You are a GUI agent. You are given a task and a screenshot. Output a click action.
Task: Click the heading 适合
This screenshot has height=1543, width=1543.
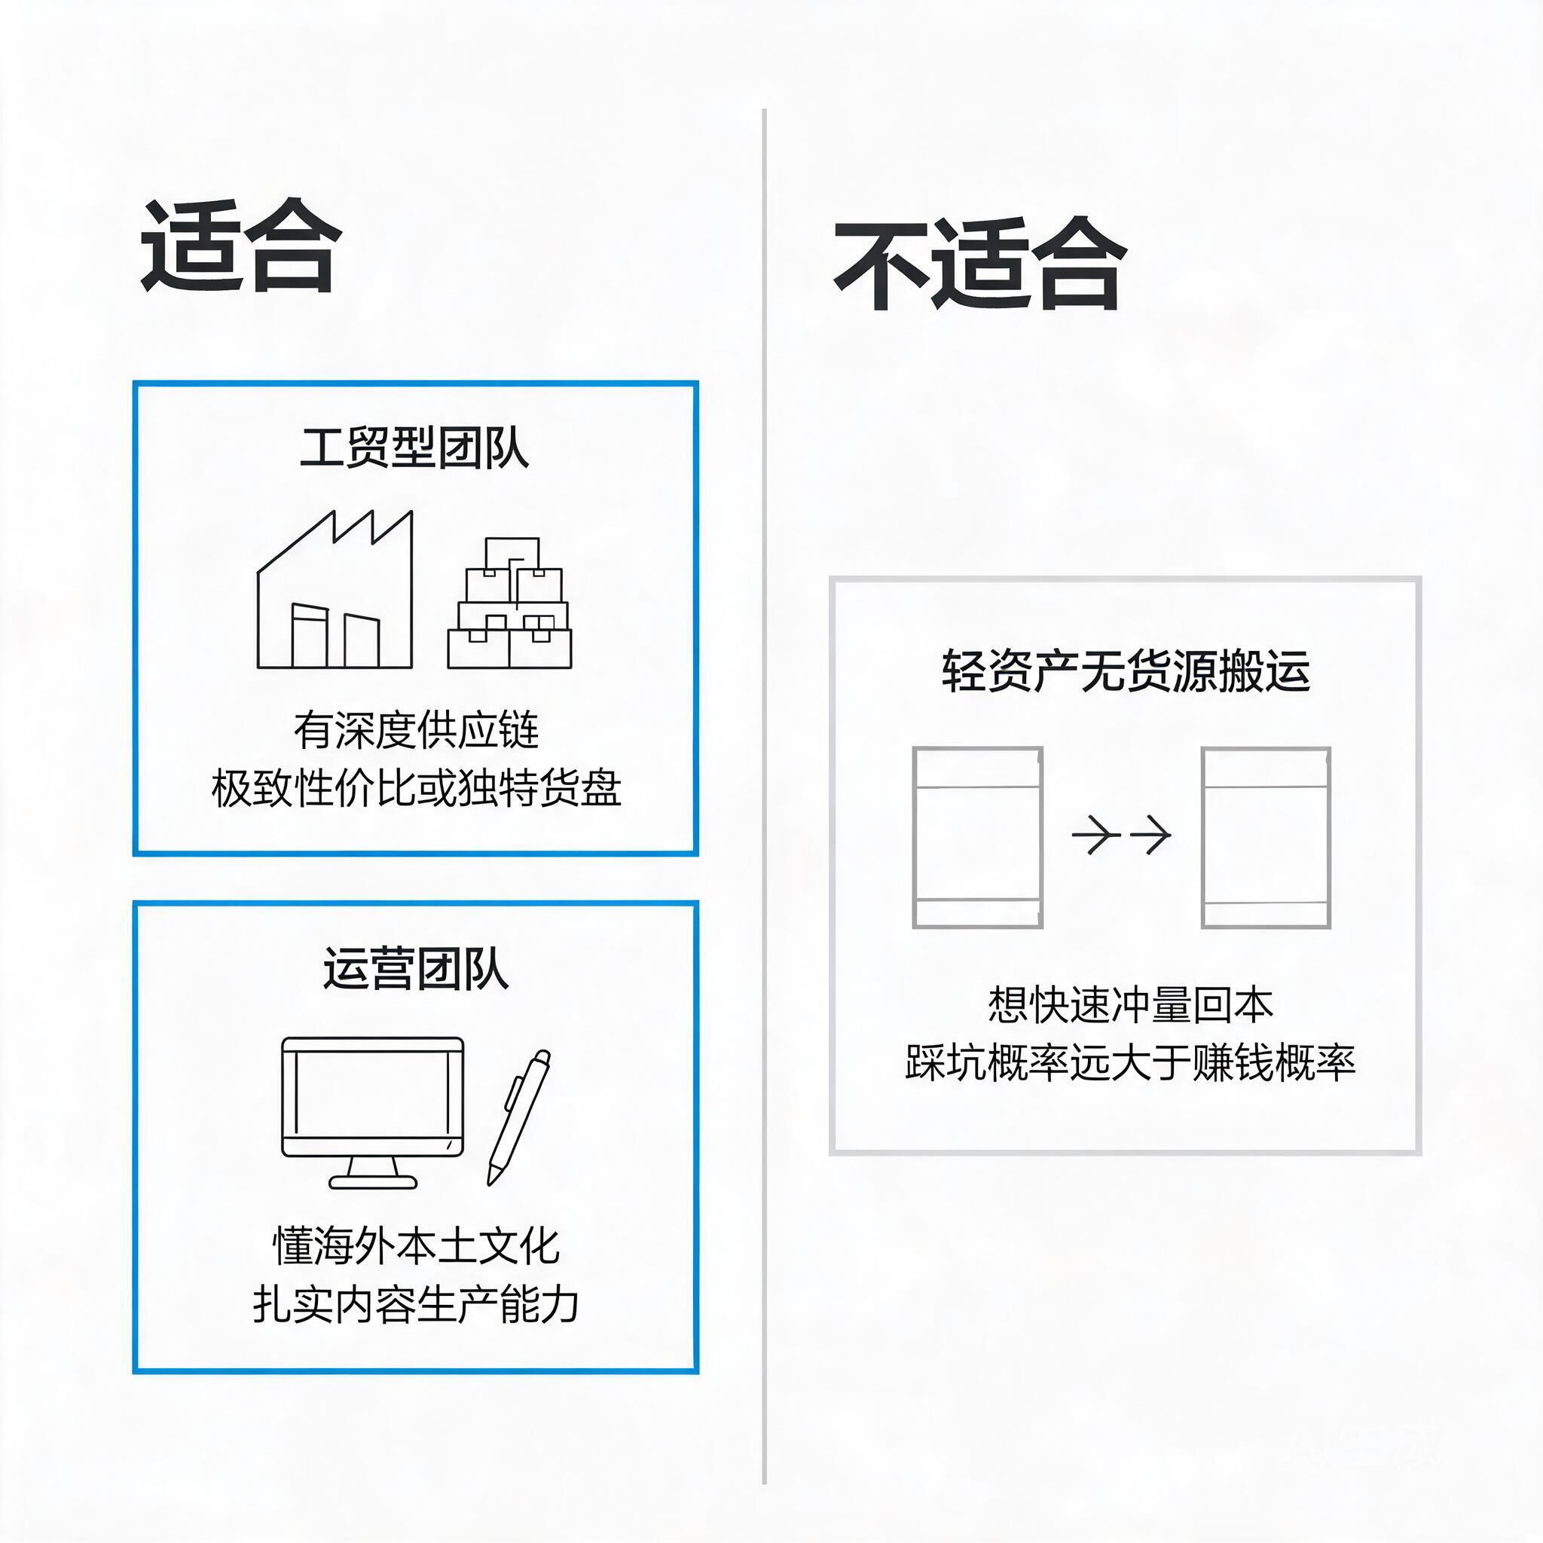(241, 245)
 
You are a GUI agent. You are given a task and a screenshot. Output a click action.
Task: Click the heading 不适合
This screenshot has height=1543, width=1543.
(980, 264)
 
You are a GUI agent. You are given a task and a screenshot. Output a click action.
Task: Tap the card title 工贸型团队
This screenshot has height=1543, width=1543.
(414, 448)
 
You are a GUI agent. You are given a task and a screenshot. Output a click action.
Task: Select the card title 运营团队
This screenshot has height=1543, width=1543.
(416, 969)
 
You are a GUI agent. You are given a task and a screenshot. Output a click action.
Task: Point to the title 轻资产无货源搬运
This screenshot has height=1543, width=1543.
(1126, 670)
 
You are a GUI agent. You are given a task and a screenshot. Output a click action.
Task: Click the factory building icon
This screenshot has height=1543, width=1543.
(335, 589)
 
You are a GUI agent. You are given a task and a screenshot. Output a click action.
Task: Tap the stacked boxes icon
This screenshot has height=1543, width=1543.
(509, 603)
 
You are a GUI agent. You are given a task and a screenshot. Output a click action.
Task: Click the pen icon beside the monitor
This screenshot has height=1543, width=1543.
(519, 1117)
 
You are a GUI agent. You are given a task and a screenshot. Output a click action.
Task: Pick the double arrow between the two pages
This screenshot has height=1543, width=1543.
(1121, 836)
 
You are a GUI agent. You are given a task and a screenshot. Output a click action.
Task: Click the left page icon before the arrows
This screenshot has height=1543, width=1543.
(977, 838)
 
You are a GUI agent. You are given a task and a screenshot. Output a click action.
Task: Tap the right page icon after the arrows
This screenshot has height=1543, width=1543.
(1266, 838)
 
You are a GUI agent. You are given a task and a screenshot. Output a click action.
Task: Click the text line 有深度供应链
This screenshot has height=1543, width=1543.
(416, 730)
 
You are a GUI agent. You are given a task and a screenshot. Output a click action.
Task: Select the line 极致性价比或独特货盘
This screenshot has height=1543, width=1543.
(416, 789)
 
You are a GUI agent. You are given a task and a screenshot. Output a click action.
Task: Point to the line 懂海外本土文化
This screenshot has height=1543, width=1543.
(416, 1246)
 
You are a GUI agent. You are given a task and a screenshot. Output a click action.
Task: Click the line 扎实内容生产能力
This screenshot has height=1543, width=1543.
(416, 1305)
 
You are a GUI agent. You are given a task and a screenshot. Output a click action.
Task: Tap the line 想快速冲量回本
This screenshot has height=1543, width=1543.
(1130, 1004)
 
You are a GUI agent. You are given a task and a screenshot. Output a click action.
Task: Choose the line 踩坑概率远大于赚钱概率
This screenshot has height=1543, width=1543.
(1130, 1062)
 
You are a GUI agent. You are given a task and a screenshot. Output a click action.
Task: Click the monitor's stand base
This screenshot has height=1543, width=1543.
(373, 1182)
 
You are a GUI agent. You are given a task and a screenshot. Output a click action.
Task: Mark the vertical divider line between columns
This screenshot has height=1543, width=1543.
(764, 796)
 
